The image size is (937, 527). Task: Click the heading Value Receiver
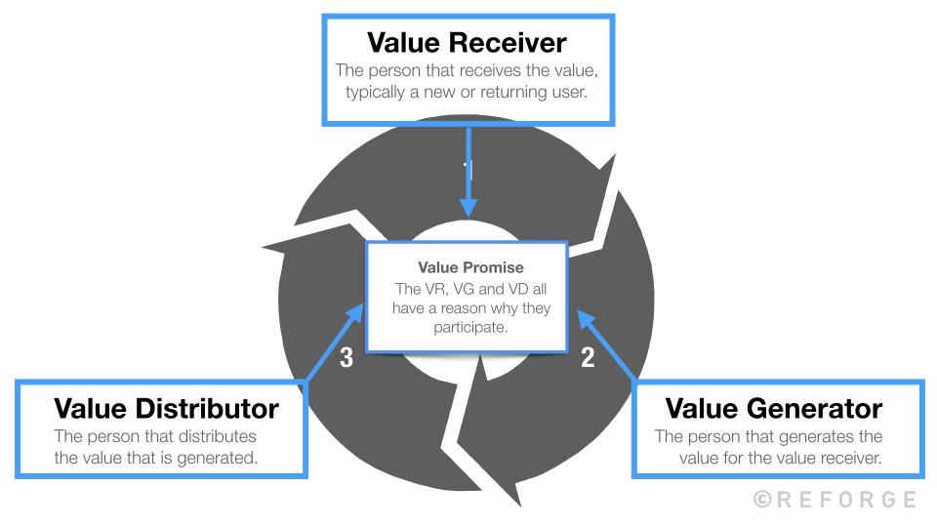pos(468,43)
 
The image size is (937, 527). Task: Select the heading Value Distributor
pos(166,407)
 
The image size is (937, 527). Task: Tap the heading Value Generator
pos(773,407)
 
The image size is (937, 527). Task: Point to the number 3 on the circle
pos(346,358)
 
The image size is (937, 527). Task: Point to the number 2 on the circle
pos(588,358)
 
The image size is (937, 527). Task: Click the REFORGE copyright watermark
pos(835,500)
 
